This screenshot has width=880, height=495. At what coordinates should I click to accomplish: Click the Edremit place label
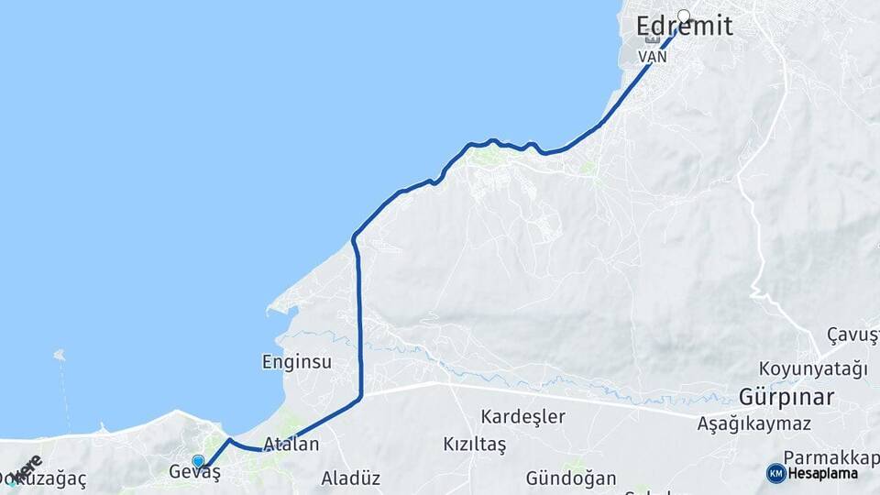click(685, 27)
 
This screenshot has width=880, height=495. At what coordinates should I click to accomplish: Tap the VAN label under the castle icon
click(652, 56)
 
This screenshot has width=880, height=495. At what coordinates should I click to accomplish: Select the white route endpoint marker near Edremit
click(684, 15)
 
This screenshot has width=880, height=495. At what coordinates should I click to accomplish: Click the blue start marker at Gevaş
click(198, 461)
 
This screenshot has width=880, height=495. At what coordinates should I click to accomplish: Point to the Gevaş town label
click(195, 473)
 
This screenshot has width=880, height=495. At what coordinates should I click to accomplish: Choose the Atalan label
click(291, 445)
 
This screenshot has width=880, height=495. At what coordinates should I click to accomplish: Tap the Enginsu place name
click(297, 361)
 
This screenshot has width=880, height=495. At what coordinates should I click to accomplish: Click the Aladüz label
click(350, 478)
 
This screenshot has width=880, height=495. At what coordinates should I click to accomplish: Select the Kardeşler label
click(522, 416)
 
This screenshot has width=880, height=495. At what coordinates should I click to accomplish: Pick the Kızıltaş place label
click(475, 445)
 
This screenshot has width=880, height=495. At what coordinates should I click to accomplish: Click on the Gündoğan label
click(571, 478)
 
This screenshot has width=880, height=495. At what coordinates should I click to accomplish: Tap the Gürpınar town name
click(787, 398)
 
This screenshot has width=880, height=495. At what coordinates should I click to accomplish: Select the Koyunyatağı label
click(812, 369)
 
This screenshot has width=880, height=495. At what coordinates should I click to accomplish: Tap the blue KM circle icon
click(775, 473)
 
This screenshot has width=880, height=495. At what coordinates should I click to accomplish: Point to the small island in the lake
click(60, 354)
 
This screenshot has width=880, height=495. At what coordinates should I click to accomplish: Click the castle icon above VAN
click(652, 39)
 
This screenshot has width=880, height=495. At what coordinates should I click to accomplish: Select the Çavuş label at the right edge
click(852, 333)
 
